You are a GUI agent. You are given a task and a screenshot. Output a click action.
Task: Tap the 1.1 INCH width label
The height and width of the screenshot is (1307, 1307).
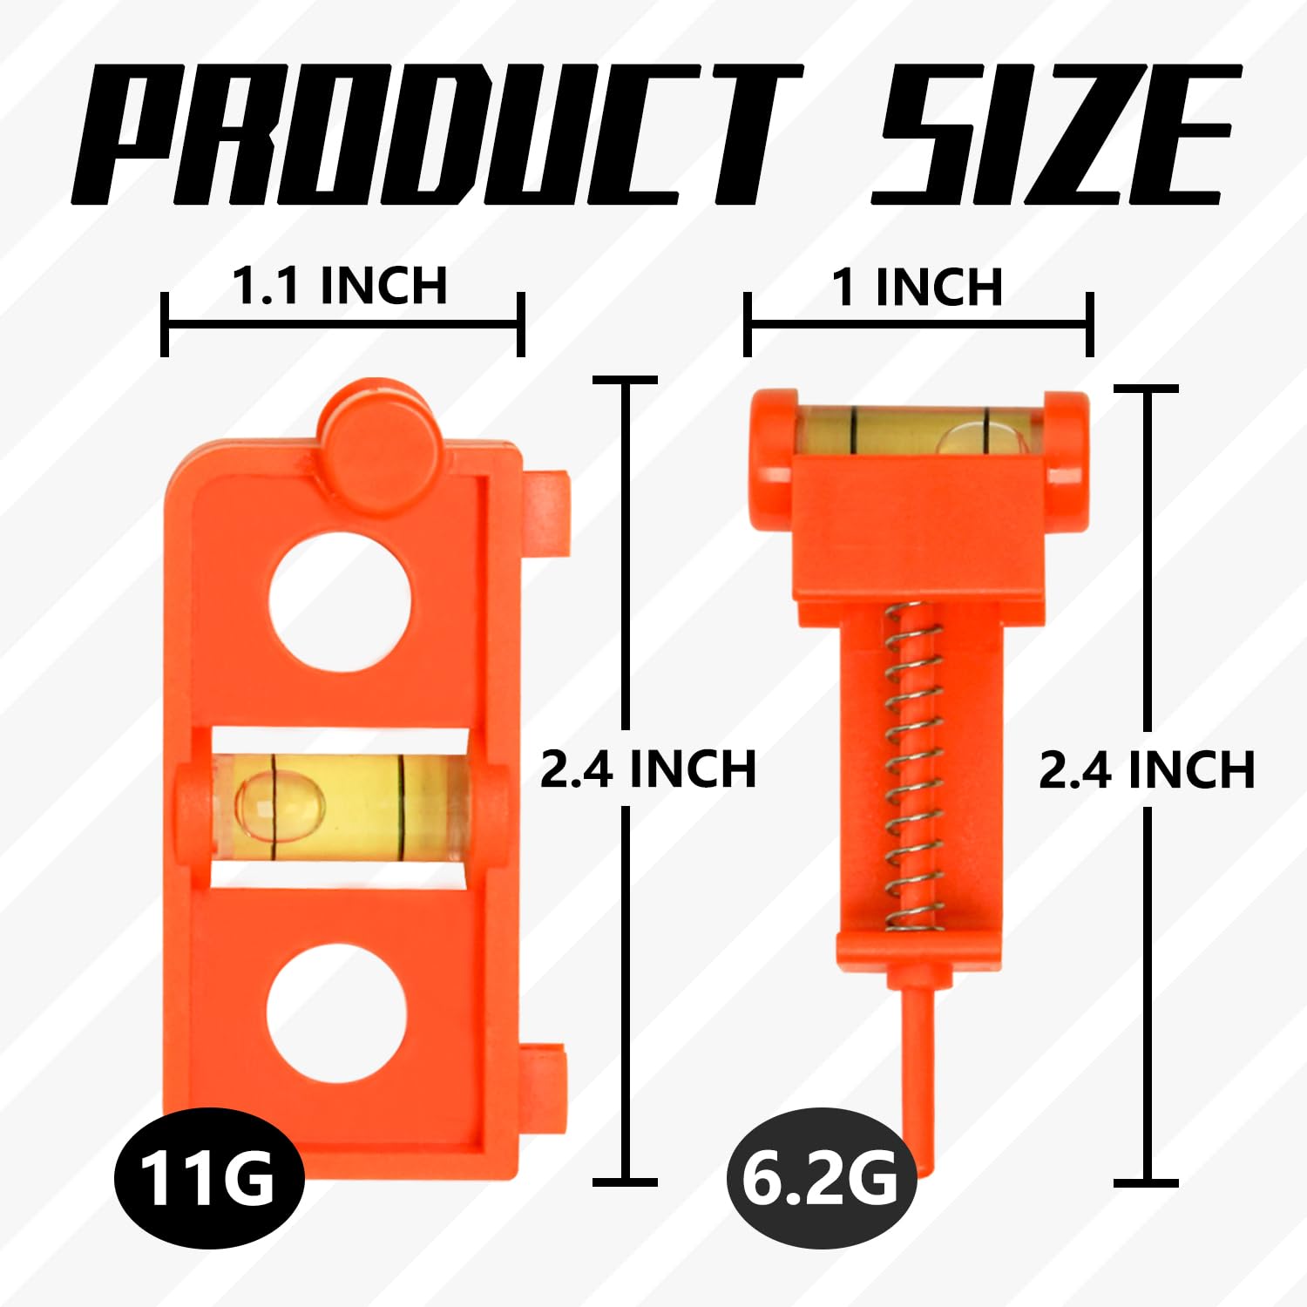pos(340,286)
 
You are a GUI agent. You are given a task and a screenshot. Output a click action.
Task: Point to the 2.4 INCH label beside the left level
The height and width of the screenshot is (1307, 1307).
pos(647,769)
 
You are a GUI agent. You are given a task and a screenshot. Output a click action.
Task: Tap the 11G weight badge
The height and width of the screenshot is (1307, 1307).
pos(208,1178)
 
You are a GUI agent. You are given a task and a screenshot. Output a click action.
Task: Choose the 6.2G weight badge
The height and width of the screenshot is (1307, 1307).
pos(820,1178)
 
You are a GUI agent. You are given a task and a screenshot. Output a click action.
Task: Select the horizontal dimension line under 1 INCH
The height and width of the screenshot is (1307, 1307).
pos(919,324)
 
